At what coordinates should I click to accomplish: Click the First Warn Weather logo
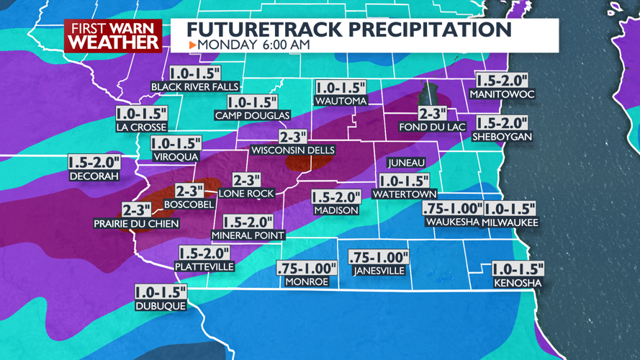114,35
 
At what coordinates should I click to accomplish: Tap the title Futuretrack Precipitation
349,29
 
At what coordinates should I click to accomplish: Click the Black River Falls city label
194,87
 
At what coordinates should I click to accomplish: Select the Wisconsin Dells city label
292,150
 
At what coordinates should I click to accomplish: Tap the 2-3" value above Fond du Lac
433,114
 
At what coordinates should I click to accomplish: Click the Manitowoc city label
502,94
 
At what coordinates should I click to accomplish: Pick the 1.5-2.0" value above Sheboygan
502,123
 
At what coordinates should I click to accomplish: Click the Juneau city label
406,163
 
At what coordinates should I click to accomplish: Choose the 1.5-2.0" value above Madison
336,197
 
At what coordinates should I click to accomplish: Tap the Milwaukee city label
510,222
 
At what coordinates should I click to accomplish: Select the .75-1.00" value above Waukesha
451,208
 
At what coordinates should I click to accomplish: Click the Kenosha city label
518,284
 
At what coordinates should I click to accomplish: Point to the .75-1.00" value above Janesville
379,257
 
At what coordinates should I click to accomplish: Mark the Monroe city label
307,282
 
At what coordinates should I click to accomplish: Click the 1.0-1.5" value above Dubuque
160,292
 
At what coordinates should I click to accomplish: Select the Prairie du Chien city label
136,224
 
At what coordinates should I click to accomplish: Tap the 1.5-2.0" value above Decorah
94,162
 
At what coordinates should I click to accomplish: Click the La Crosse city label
141,127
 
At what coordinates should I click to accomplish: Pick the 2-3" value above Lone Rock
246,181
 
